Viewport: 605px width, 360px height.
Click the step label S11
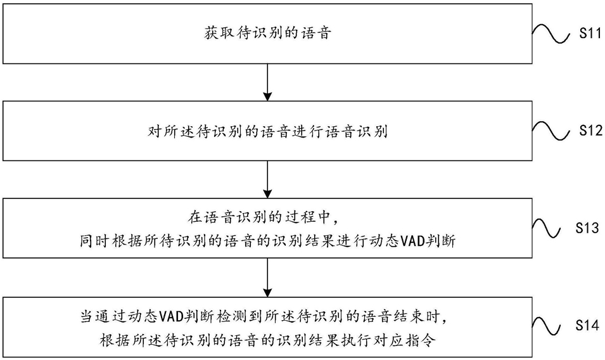pos(590,33)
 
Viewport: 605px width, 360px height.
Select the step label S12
pos(590,131)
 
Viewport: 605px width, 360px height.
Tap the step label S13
pos(587,228)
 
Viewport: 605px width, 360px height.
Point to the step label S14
pos(587,325)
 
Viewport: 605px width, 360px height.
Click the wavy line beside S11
pos(551,34)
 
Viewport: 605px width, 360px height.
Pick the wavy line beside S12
pos(551,132)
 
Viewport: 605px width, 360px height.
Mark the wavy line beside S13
pos(546,228)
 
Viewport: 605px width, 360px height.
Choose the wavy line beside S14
pos(546,326)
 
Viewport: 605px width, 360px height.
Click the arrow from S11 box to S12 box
pos(267,82)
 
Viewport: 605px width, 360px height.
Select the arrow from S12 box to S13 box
pos(267,179)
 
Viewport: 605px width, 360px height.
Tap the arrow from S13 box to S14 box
pos(267,278)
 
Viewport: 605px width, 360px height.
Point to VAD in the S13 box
pos(412,241)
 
